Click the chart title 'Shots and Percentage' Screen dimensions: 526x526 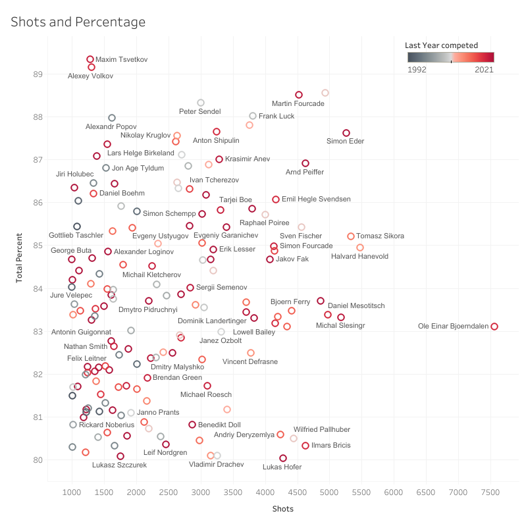pyautogui.click(x=78, y=22)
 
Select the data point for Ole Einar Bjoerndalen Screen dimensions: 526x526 pyautogui.click(x=494, y=327)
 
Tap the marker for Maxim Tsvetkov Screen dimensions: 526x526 pyautogui.click(x=90, y=59)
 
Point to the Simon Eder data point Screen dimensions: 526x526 pyautogui.click(x=346, y=133)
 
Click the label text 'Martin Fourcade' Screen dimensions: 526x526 pyautogui.click(x=298, y=104)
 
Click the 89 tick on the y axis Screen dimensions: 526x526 pyautogui.click(x=38, y=74)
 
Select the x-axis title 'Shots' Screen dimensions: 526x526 pyautogui.click(x=283, y=509)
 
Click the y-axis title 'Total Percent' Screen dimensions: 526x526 pyautogui.click(x=20, y=255)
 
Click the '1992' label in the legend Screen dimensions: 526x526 pyautogui.click(x=417, y=69)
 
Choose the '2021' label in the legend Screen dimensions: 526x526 pyautogui.click(x=485, y=69)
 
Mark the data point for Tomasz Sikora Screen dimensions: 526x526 pyautogui.click(x=351, y=236)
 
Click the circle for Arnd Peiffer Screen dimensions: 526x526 pyautogui.click(x=305, y=163)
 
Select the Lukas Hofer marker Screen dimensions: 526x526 pyautogui.click(x=283, y=458)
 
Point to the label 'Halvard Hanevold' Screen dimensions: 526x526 pyautogui.click(x=359, y=257)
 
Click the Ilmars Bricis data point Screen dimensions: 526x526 pyautogui.click(x=305, y=446)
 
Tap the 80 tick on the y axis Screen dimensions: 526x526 pyautogui.click(x=38, y=460)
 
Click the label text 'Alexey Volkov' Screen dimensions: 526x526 pyautogui.click(x=91, y=76)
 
